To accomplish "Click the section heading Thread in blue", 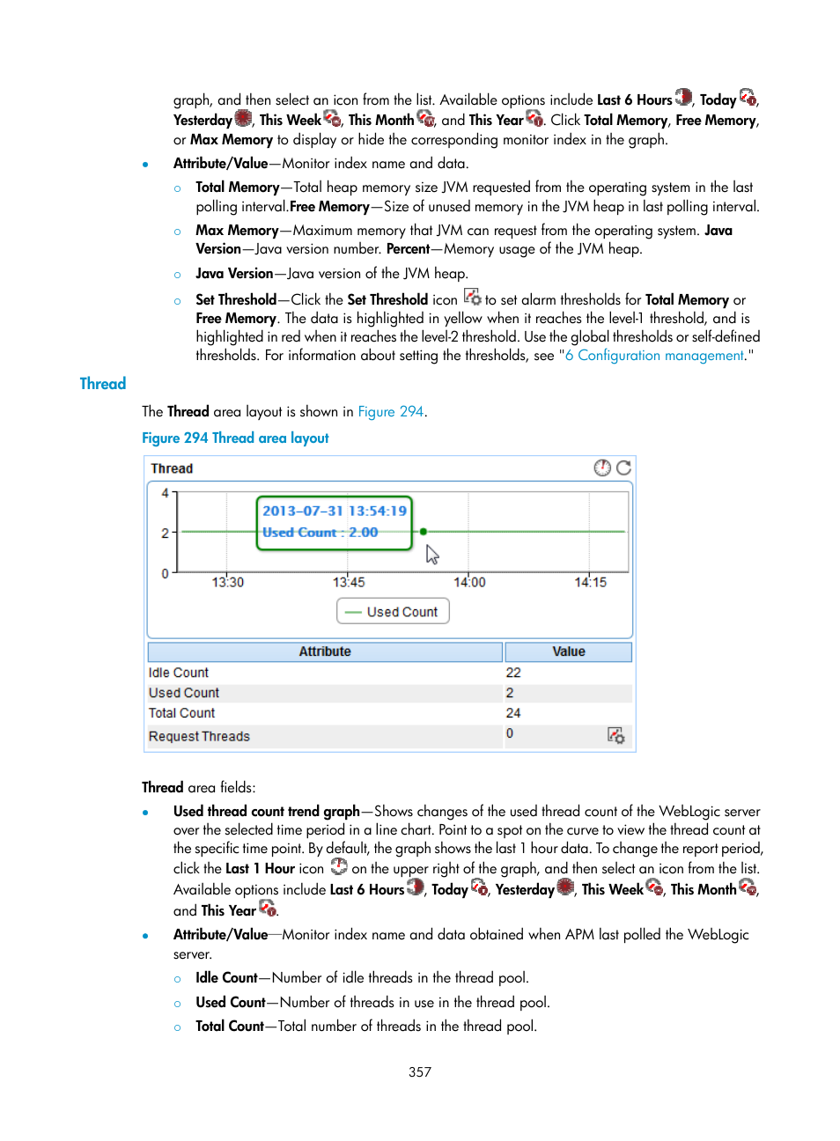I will click(x=103, y=384).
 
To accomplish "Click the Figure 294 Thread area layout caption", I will click(x=235, y=438).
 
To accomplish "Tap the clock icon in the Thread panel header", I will click(x=602, y=468).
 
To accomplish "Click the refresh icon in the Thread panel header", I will click(x=623, y=468).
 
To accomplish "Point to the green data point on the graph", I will click(x=424, y=532).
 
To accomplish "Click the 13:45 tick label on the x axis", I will click(x=349, y=582).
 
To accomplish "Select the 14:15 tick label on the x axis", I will click(x=590, y=582).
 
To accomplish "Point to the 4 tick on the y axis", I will click(x=165, y=494).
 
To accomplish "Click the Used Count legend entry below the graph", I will click(x=393, y=612).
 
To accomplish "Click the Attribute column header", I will click(x=325, y=651).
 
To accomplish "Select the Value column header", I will click(x=568, y=651).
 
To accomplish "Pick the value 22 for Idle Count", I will click(x=513, y=673).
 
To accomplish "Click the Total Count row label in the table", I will click(x=181, y=713).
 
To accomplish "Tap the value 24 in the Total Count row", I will click(x=513, y=713).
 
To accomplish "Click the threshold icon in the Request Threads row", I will click(x=615, y=735).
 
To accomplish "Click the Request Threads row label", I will click(x=199, y=736).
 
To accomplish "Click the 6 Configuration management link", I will click(x=654, y=356).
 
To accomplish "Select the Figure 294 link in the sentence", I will click(x=390, y=412).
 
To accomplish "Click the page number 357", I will click(x=420, y=1072).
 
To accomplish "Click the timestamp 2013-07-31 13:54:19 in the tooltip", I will click(x=335, y=511).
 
